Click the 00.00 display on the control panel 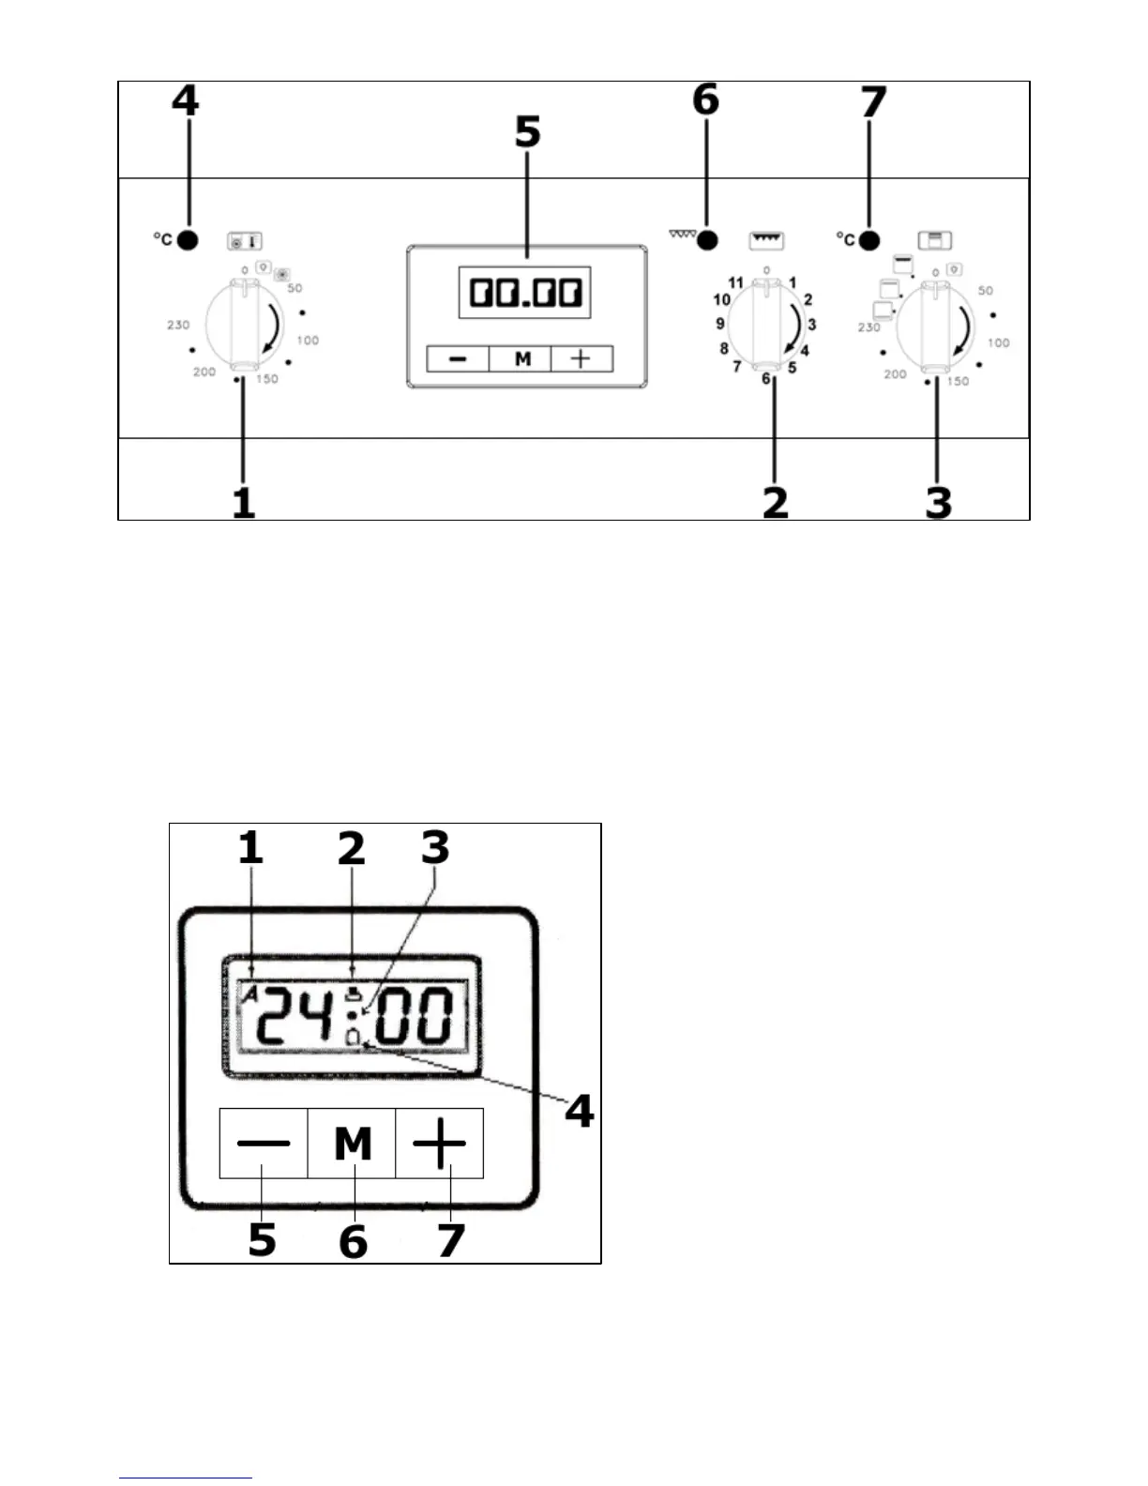click(524, 293)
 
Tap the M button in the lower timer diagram click(352, 1143)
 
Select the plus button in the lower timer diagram click(439, 1143)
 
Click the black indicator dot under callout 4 click(188, 240)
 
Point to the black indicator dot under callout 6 click(706, 240)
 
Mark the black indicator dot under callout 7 click(869, 240)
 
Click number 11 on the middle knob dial click(735, 282)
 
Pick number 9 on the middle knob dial click(720, 324)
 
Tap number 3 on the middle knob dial click(811, 325)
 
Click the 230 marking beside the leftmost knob click(178, 325)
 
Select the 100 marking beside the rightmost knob click(998, 343)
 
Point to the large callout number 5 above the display click(528, 132)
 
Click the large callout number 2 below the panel click(775, 502)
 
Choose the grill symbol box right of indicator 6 click(766, 240)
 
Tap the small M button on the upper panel click(522, 359)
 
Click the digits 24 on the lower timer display click(293, 1015)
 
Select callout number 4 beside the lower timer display click(579, 1111)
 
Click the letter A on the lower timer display click(249, 995)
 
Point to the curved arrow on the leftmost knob click(273, 329)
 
